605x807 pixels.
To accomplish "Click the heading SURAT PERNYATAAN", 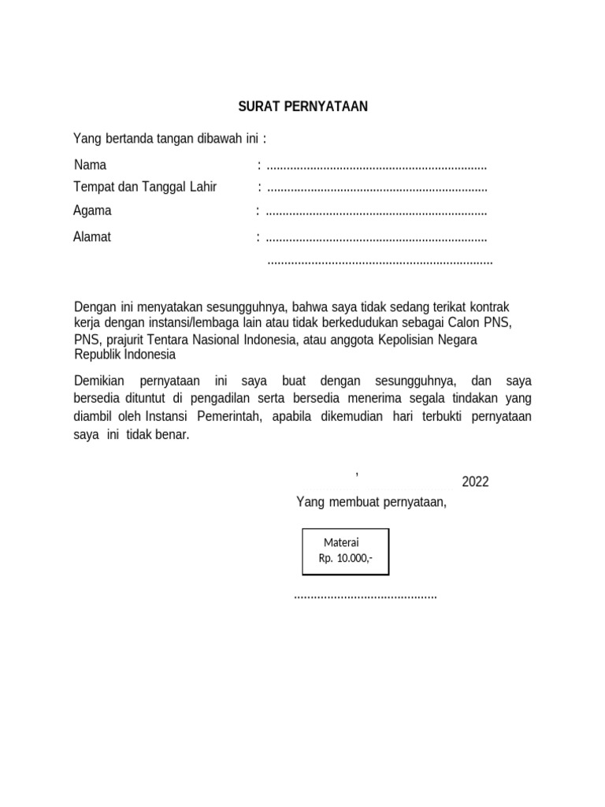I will click(303, 106).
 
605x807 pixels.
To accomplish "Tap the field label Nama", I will click(90, 165).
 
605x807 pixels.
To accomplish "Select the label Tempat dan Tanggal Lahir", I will click(144, 187).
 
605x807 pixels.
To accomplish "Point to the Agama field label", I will click(92, 210).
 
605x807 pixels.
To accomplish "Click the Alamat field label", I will click(92, 237).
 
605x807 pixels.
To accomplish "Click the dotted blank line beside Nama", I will click(377, 167).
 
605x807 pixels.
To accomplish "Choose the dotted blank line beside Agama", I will click(377, 212).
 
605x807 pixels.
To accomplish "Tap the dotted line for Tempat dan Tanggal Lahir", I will click(377, 188).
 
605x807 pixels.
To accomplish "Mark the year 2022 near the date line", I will click(475, 482).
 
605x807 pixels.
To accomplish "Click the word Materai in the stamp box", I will click(341, 543).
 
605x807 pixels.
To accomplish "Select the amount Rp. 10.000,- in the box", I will click(346, 558).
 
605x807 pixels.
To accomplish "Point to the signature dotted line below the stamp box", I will click(365, 596).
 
